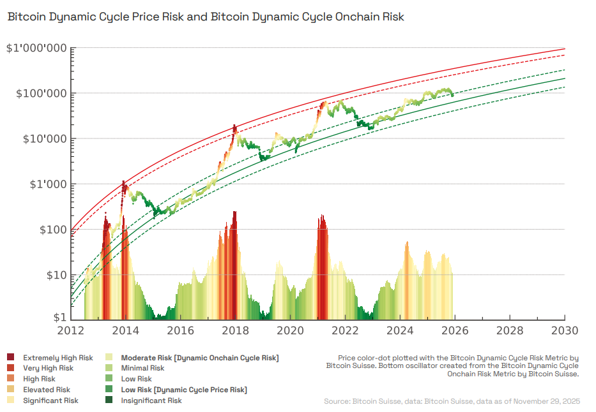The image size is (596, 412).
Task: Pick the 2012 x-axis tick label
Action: click(71, 330)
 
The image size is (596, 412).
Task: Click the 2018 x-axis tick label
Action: click(235, 330)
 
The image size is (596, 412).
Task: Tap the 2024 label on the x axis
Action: click(401, 330)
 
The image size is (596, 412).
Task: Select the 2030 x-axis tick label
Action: click(565, 330)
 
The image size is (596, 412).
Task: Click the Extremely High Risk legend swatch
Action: click(11, 358)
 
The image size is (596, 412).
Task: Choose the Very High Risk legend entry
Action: click(48, 368)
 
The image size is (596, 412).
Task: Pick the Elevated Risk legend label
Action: click(47, 390)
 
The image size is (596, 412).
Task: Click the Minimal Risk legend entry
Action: click(142, 368)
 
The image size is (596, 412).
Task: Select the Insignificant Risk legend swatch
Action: click(109, 401)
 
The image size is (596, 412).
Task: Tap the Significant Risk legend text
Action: click(50, 401)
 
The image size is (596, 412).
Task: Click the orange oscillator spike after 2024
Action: click(406, 246)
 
